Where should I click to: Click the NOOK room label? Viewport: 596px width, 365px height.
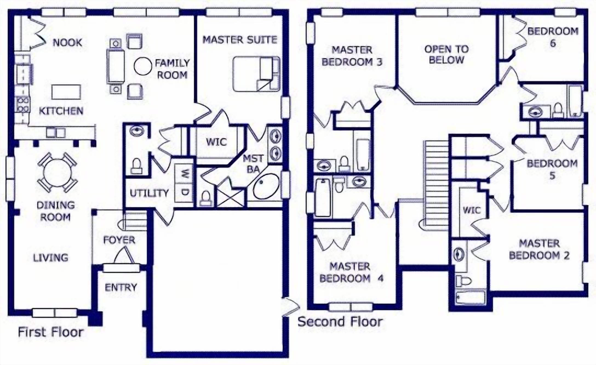coord(67,42)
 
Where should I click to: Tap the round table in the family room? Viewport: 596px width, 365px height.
coord(143,66)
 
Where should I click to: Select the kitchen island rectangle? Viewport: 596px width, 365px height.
coord(66,92)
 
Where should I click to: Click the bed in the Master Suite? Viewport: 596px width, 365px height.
coord(256,74)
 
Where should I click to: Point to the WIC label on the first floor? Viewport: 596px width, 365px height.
coord(216,142)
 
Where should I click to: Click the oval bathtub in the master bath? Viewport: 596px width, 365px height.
coord(266,186)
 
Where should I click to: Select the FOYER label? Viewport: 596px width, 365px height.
coord(119,240)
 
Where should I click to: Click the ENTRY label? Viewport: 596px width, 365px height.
coord(121,287)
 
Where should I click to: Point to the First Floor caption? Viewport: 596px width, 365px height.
coord(51,332)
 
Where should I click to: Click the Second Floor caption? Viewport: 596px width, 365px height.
coord(340,321)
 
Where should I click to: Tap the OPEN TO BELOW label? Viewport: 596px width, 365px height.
coord(446,55)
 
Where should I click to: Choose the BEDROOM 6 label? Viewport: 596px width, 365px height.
coord(553,37)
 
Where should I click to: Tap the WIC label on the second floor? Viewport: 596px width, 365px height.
coord(471,210)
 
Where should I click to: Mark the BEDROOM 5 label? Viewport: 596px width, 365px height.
coord(552,169)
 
